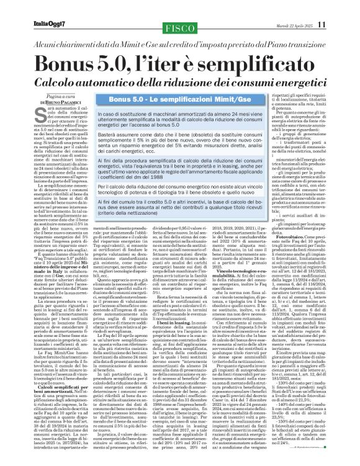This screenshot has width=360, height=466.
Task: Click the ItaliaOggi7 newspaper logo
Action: coord(49,25)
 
